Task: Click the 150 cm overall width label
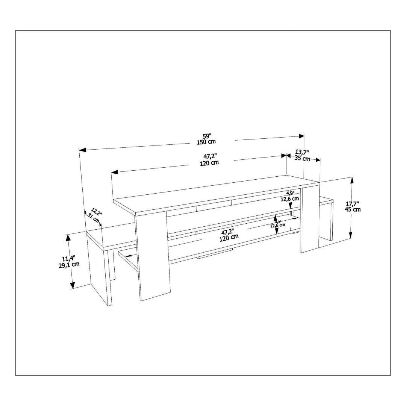[206, 142]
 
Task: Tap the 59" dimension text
[207, 136]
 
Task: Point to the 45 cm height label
[353, 209]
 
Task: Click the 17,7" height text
[353, 203]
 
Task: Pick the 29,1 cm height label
[69, 265]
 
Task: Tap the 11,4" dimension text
[69, 259]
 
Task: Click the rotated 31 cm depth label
[94, 218]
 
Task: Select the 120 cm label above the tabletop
[209, 163]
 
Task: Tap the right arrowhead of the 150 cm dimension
[301, 136]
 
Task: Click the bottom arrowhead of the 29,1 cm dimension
[73, 285]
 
